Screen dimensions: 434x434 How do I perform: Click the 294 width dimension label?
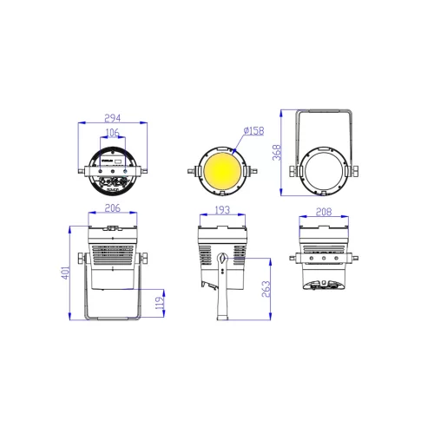point(114,117)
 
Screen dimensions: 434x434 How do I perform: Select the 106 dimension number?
point(112,133)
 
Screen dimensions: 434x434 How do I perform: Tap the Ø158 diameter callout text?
point(253,130)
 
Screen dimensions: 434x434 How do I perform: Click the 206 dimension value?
point(112,208)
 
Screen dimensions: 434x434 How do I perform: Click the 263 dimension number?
point(267,289)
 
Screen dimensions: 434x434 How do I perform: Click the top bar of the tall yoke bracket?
point(325,110)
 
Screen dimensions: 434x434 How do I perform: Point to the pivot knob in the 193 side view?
point(223,259)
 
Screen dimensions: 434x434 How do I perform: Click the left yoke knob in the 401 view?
point(82,259)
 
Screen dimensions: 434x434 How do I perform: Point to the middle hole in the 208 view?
point(325,259)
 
